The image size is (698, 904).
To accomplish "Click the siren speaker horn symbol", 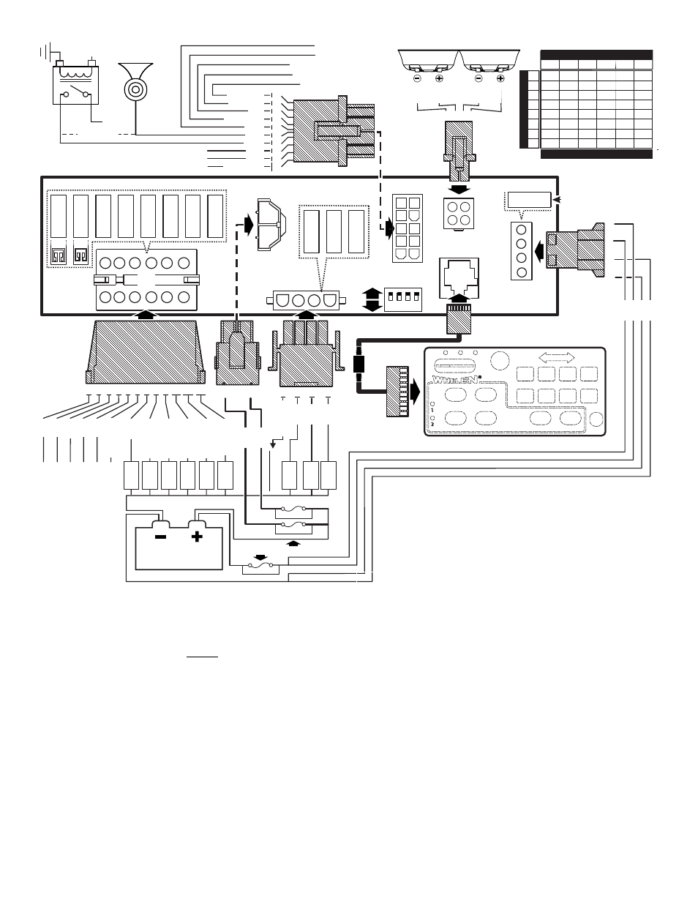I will (134, 86).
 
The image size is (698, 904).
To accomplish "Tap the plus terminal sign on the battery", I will (196, 537).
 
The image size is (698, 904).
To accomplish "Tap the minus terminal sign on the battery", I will (160, 537).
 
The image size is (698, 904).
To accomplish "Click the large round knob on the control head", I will (500, 360).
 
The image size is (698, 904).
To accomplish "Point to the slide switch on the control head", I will (454, 364).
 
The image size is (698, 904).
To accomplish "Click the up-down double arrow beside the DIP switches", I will (372, 299).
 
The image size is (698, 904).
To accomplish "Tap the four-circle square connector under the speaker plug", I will (457, 214).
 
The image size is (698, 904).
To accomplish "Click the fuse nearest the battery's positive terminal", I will (261, 566).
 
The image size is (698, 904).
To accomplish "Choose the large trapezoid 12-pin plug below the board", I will (145, 351).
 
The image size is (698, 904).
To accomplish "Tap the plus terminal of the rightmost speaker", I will (500, 78).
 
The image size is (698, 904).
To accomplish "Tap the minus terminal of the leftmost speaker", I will (417, 78).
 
